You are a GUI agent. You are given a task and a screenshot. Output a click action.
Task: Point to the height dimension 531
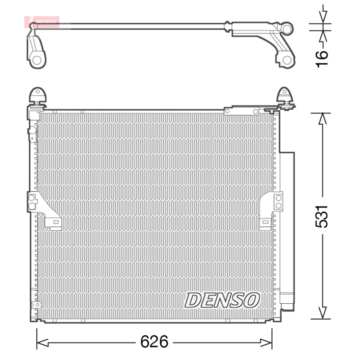[x=323, y=216]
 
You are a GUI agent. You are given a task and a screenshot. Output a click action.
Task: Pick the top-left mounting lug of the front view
[x=37, y=96]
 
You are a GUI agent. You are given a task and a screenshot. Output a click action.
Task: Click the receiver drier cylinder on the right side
[x=287, y=229]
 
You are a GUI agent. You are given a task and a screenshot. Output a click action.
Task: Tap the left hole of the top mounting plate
[x=229, y=111]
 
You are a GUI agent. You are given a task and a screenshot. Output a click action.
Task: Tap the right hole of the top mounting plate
[x=255, y=111]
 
